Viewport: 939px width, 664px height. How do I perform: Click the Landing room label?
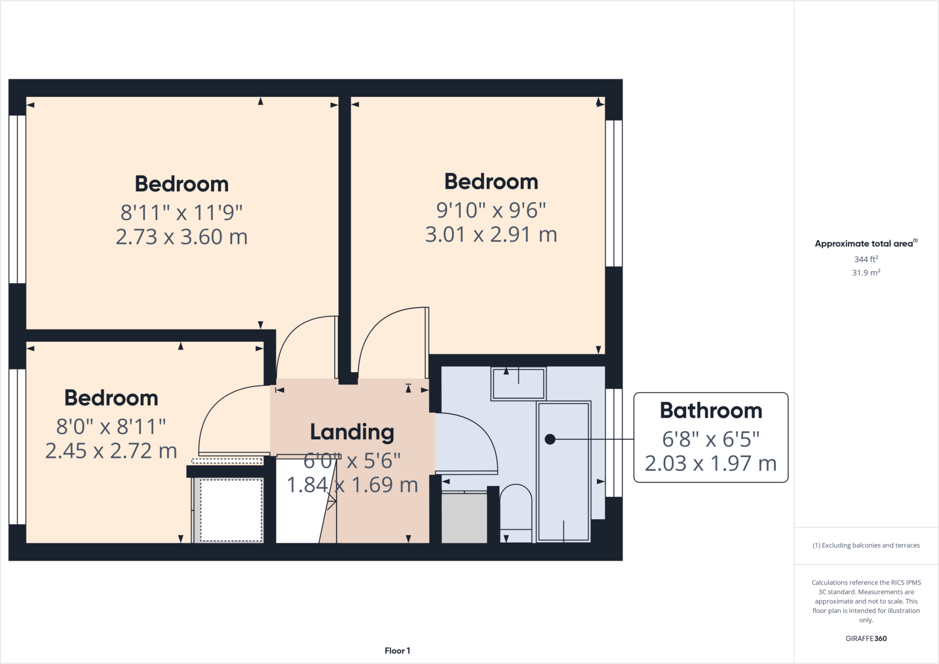[352, 432]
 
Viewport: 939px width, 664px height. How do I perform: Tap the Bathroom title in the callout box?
[711, 411]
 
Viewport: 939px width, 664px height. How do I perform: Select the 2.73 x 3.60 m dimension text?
[182, 237]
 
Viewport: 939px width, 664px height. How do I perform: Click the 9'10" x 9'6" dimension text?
[491, 210]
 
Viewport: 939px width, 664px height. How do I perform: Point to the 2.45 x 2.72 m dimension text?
[111, 451]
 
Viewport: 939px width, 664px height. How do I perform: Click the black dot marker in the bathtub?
[550, 439]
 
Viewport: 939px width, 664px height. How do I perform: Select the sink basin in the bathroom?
[518, 384]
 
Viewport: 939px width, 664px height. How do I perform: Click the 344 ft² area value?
[866, 259]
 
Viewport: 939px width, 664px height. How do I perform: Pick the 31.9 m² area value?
[866, 273]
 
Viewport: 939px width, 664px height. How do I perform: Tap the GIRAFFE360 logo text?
[866, 638]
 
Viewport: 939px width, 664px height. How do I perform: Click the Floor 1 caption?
[397, 651]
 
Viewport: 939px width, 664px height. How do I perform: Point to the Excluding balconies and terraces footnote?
[866, 545]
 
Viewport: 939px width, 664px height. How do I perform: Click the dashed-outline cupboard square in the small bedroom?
[231, 510]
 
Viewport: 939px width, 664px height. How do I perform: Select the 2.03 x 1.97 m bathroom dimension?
[711, 464]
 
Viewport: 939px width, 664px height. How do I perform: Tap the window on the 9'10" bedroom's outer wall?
[614, 193]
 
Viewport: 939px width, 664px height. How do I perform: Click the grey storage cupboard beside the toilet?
[464, 518]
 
